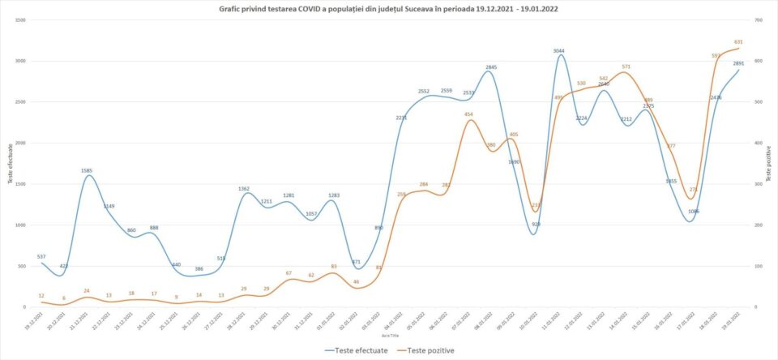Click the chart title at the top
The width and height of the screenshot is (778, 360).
(x=389, y=10)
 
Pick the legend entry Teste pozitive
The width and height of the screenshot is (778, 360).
(x=429, y=350)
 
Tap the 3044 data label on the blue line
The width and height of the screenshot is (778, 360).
(x=559, y=51)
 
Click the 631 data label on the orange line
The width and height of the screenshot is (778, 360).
(x=738, y=41)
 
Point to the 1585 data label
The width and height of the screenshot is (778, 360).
(x=87, y=171)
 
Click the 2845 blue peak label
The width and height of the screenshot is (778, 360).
(x=491, y=67)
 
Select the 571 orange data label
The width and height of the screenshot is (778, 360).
(x=626, y=66)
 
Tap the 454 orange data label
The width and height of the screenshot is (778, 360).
(x=468, y=114)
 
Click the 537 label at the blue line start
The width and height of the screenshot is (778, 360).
(x=42, y=257)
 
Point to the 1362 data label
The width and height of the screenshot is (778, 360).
(x=244, y=189)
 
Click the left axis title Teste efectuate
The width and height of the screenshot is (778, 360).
(x=10, y=163)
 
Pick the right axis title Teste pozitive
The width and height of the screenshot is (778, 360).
(x=768, y=163)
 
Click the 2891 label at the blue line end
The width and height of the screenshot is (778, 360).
(x=738, y=63)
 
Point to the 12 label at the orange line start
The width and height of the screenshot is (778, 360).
(x=41, y=296)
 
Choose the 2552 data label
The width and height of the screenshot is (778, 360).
(x=424, y=92)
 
